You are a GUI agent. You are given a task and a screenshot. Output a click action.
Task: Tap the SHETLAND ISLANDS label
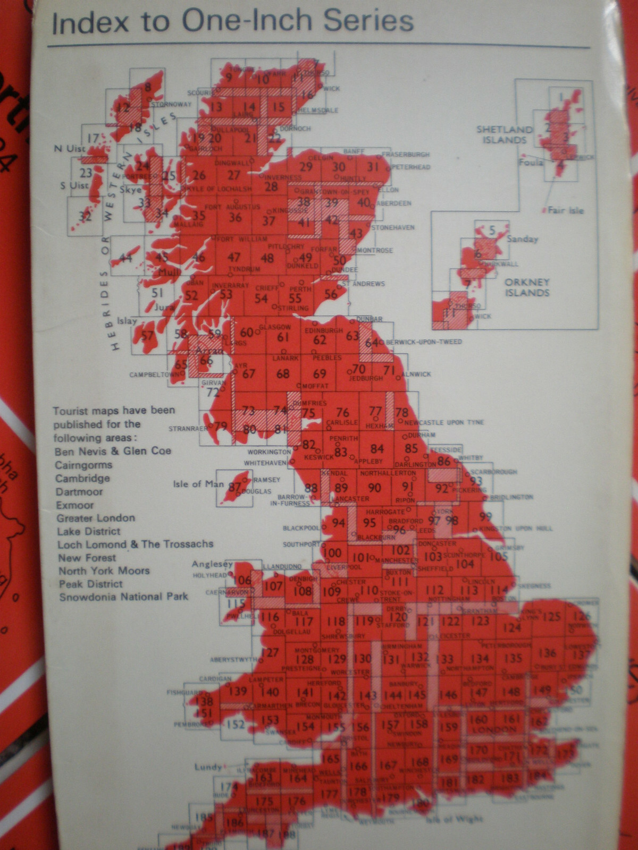(x=505, y=134)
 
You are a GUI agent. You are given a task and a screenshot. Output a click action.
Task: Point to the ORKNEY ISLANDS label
(x=527, y=287)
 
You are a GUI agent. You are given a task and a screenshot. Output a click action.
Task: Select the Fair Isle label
(x=566, y=210)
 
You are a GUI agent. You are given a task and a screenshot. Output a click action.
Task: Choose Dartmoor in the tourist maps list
(x=79, y=492)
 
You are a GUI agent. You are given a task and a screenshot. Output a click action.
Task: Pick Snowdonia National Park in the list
(x=123, y=597)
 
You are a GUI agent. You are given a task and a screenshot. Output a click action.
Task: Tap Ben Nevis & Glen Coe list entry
(x=113, y=451)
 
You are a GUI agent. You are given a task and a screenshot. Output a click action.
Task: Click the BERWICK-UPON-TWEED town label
(x=424, y=342)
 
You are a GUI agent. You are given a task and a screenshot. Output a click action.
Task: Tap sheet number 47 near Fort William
(x=234, y=257)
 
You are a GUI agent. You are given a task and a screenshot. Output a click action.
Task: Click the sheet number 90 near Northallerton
(x=374, y=487)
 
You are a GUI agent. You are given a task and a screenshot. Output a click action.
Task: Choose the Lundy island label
(x=208, y=767)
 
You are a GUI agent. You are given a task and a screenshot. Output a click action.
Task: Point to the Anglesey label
(x=212, y=564)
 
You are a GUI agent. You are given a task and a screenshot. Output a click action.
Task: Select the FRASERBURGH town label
(x=406, y=155)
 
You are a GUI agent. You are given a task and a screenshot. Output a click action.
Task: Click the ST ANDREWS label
(x=363, y=284)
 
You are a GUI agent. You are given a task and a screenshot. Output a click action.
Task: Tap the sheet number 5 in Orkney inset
(x=492, y=231)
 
